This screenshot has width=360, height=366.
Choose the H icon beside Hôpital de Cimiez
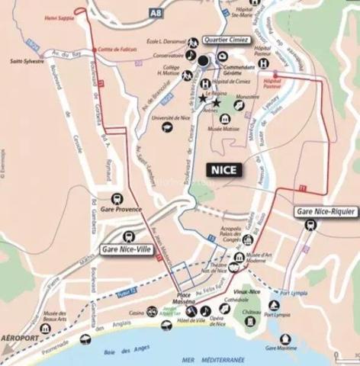[205, 84]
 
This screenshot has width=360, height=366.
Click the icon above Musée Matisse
[226, 119]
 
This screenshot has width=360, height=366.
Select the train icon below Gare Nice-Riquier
[311, 224]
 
